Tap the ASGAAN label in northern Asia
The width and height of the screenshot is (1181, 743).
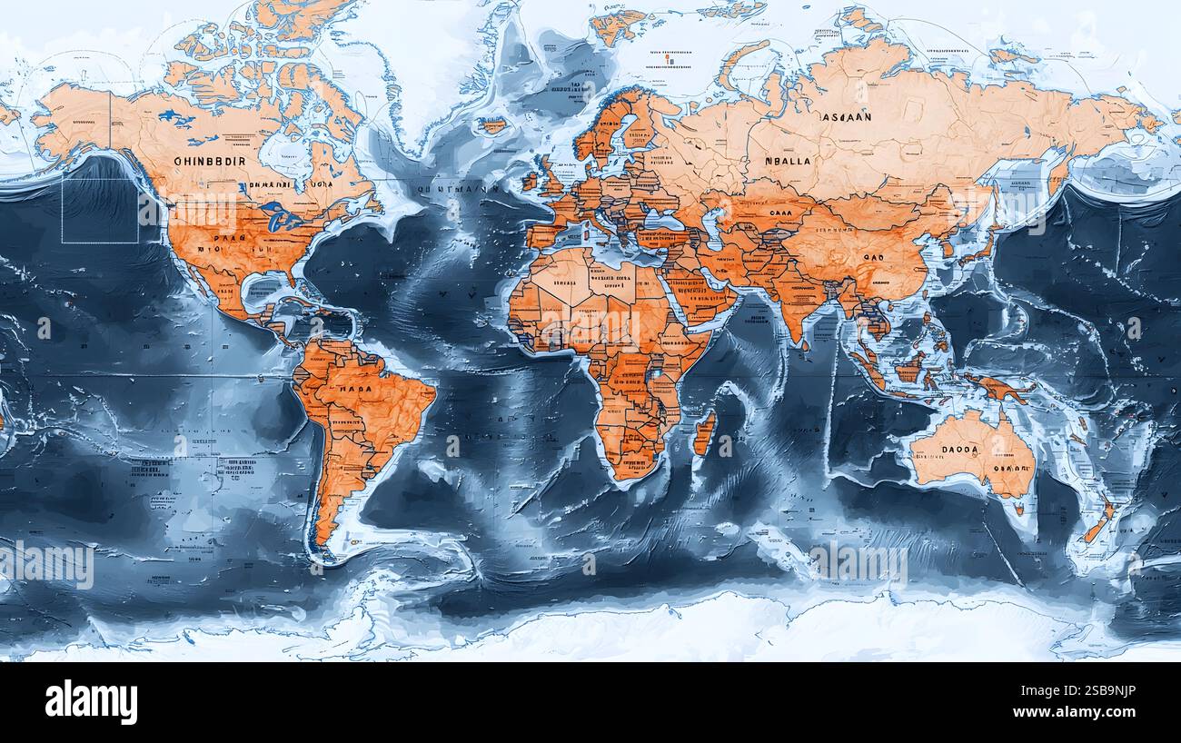click(x=846, y=117)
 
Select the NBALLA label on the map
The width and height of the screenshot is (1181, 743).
click(x=787, y=161)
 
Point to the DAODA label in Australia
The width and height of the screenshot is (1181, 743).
click(x=960, y=449)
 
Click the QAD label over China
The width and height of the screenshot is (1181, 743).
click(x=873, y=257)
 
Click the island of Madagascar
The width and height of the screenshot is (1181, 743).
click(x=703, y=431)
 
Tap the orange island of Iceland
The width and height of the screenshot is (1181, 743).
click(x=492, y=125)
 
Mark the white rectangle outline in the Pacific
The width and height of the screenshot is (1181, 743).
click(x=100, y=210)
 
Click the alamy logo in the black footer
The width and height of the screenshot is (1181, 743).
click(x=91, y=702)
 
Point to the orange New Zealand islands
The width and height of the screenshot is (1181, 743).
click(x=1099, y=523)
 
